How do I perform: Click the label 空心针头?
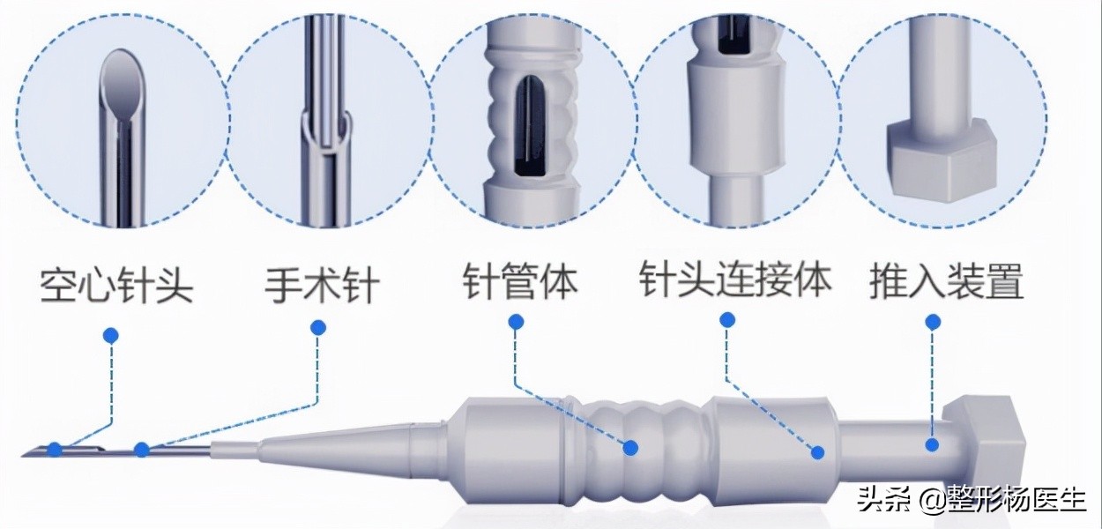(116, 285)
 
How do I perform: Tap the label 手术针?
(323, 285)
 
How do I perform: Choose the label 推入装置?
(946, 281)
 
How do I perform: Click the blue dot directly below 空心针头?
(111, 336)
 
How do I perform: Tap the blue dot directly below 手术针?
(318, 328)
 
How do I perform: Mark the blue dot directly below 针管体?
(516, 323)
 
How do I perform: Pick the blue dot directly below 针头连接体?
(727, 320)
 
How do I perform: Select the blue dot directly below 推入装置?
(933, 323)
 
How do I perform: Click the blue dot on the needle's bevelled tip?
(55, 450)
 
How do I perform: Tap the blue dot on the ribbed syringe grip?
(630, 448)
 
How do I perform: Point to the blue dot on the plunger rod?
(931, 445)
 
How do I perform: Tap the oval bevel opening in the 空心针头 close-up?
(123, 84)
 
